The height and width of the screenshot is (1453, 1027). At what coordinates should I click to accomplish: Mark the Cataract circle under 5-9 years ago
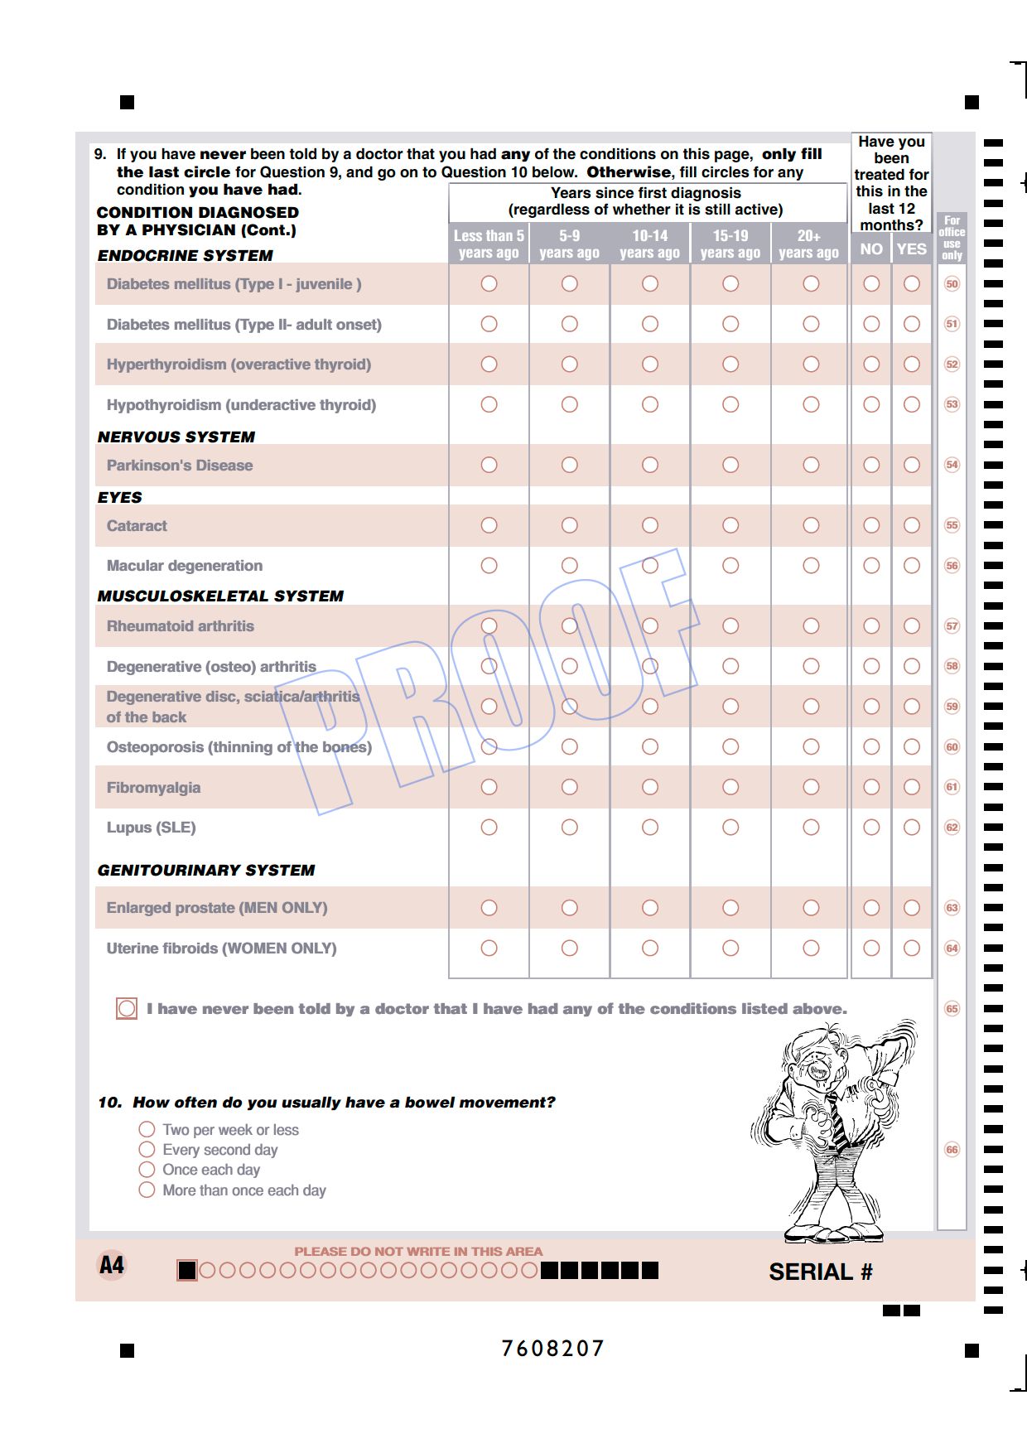[x=570, y=525]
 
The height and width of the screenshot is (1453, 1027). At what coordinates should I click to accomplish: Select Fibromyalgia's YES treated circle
[x=912, y=787]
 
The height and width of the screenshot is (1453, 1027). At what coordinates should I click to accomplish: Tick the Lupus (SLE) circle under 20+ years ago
[x=811, y=827]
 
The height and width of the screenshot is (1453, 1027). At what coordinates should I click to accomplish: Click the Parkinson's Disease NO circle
[x=871, y=465]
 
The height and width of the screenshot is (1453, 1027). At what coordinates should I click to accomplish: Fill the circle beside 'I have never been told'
[x=127, y=1008]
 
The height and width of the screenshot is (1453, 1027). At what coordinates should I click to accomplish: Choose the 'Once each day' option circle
[x=147, y=1170]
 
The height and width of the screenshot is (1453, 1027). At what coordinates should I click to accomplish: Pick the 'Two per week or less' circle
[x=147, y=1129]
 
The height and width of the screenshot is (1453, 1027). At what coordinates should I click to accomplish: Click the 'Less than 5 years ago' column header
[x=489, y=244]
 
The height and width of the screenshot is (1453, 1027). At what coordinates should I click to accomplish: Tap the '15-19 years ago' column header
[x=730, y=244]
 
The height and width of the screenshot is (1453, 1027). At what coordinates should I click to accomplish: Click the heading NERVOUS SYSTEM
[x=176, y=437]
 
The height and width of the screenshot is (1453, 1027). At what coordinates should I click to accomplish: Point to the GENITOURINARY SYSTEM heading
[x=206, y=870]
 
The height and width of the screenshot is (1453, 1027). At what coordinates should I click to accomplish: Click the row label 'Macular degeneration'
[x=185, y=566]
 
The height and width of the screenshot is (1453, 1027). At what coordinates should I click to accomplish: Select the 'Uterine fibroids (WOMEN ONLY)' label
[x=221, y=949]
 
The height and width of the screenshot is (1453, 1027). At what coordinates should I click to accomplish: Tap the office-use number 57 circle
[x=952, y=626]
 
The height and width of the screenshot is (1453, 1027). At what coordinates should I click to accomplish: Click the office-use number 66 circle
[x=952, y=1150]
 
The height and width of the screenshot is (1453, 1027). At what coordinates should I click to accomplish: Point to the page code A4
[x=112, y=1265]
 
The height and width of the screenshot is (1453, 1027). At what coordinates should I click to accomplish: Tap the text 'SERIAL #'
[x=821, y=1272]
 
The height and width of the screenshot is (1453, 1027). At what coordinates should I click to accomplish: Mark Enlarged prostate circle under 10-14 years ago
[x=650, y=908]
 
